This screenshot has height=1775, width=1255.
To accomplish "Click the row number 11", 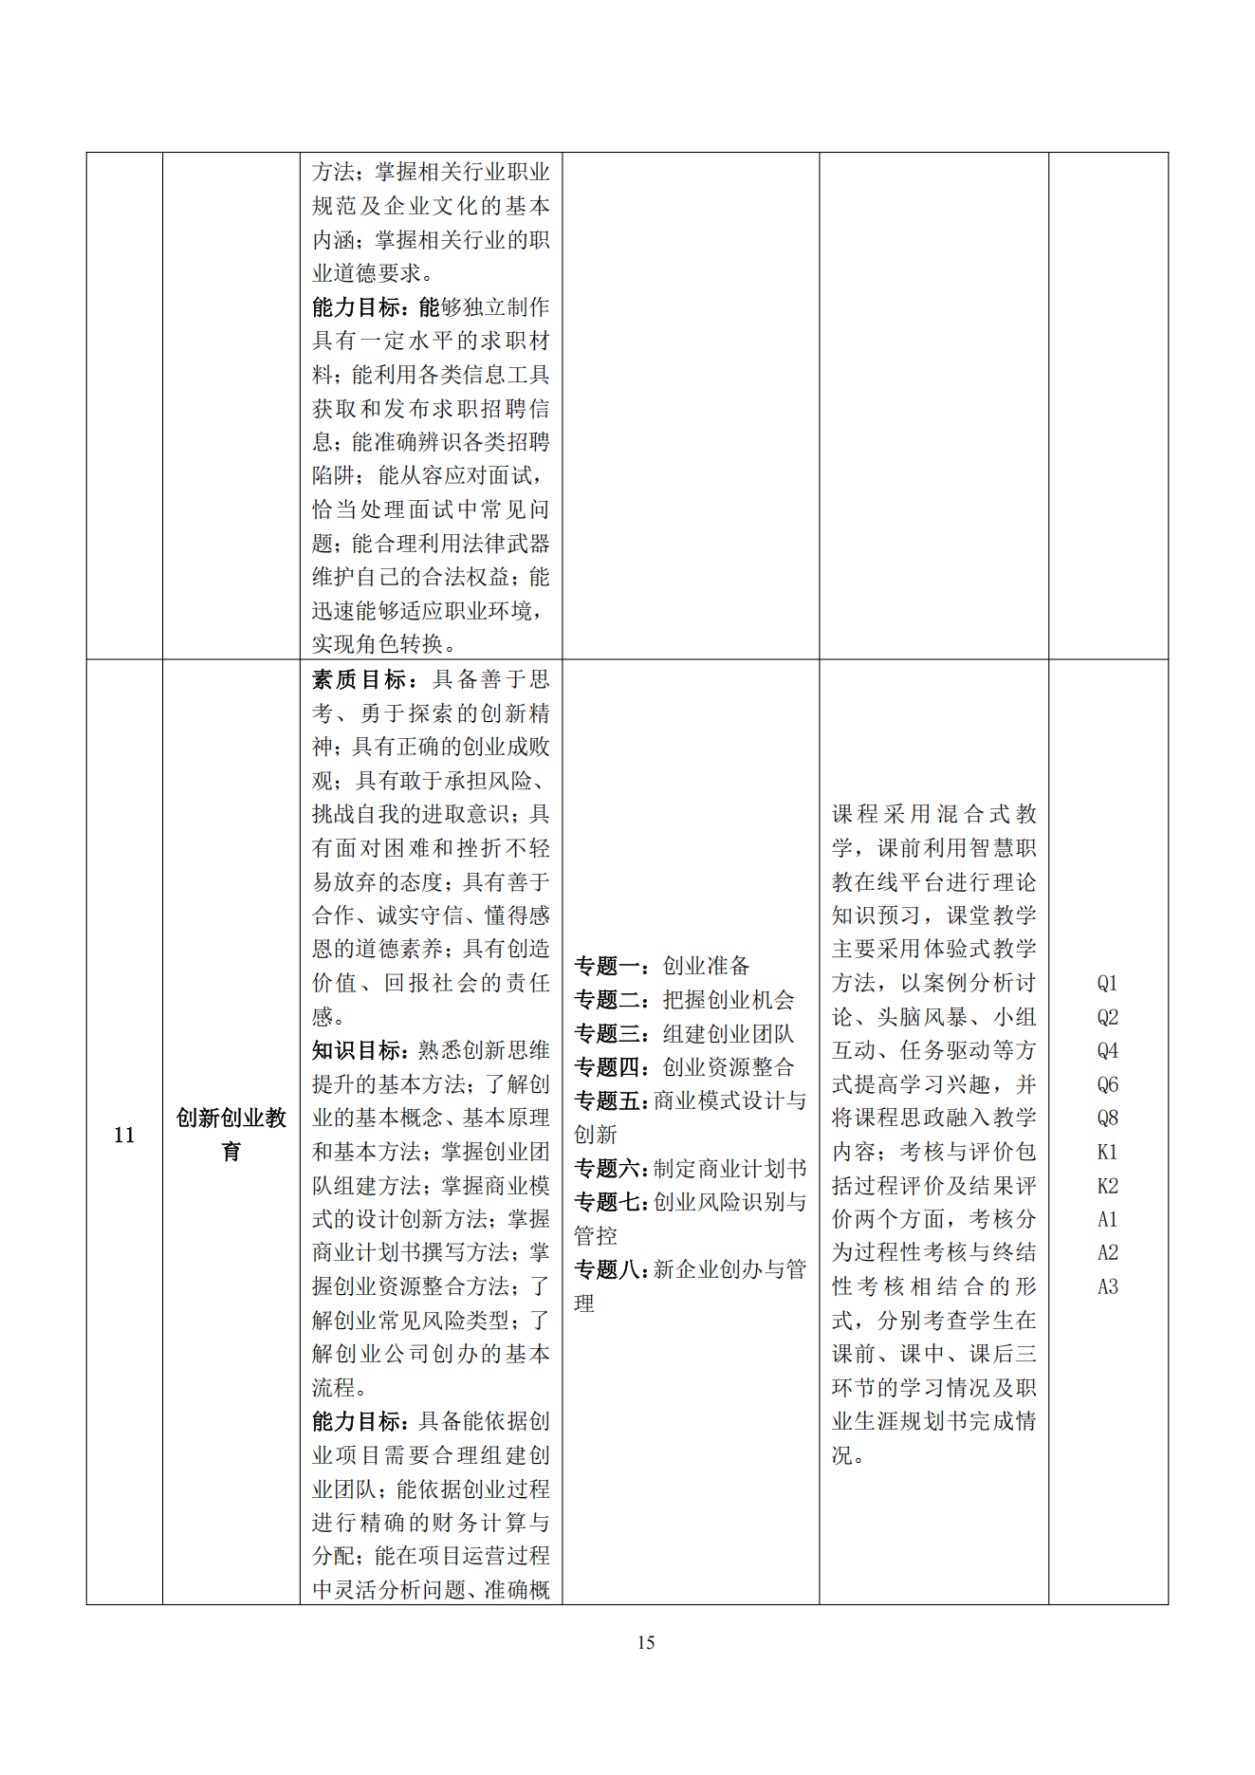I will (124, 1135).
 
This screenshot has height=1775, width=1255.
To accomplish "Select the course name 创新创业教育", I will (231, 1134).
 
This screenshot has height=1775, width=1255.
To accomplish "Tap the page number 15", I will (646, 1642).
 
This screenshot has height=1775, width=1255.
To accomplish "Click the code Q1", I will (1107, 983).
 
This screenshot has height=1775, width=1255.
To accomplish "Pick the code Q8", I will (1107, 1118).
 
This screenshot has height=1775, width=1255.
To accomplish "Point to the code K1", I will (1107, 1152).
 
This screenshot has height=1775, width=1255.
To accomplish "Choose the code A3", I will (1107, 1286).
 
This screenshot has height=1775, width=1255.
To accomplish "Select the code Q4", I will (1107, 1050).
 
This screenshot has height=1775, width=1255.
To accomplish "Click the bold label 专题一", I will (607, 966).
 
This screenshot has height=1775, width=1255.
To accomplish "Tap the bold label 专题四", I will (607, 1067).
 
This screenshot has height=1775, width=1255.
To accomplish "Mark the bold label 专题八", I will (607, 1269).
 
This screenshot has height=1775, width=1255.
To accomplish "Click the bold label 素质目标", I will (358, 679).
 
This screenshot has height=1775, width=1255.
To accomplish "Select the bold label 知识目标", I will (358, 1050).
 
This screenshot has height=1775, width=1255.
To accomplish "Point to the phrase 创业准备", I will (706, 966).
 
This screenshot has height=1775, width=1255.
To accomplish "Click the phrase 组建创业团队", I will (728, 1033).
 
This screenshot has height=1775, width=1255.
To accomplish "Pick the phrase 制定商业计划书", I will (729, 1168).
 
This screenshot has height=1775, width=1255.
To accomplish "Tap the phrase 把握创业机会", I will (728, 1000).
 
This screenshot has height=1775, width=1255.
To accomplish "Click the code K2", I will (1107, 1186).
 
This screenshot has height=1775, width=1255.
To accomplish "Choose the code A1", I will (1107, 1219).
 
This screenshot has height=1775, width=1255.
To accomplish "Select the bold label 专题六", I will (607, 1168).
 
